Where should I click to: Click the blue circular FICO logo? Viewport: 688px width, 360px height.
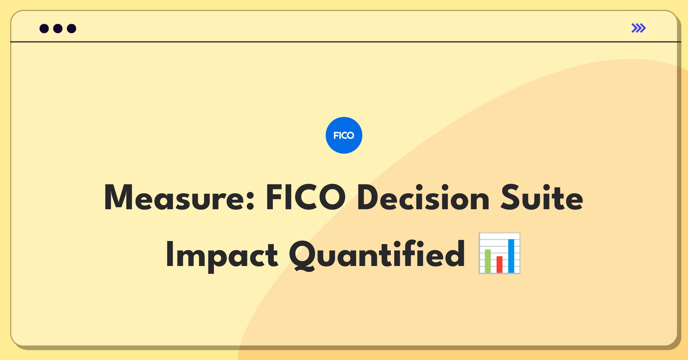tap(344, 135)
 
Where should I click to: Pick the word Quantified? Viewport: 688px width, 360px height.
tap(377, 255)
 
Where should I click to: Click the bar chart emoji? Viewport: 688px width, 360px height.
tap(499, 253)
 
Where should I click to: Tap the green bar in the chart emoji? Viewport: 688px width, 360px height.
tap(488, 261)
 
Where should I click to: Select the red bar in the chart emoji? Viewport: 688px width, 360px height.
tap(499, 265)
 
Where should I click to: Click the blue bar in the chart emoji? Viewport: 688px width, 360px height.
tap(511, 256)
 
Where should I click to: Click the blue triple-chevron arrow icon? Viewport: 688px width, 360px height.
tap(639, 28)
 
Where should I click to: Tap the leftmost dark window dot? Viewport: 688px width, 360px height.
tap(44, 28)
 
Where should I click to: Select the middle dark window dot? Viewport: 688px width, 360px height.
tap(58, 28)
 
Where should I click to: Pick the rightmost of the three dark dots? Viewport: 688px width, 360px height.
tap(72, 28)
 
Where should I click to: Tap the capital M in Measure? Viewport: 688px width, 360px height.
tap(118, 197)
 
